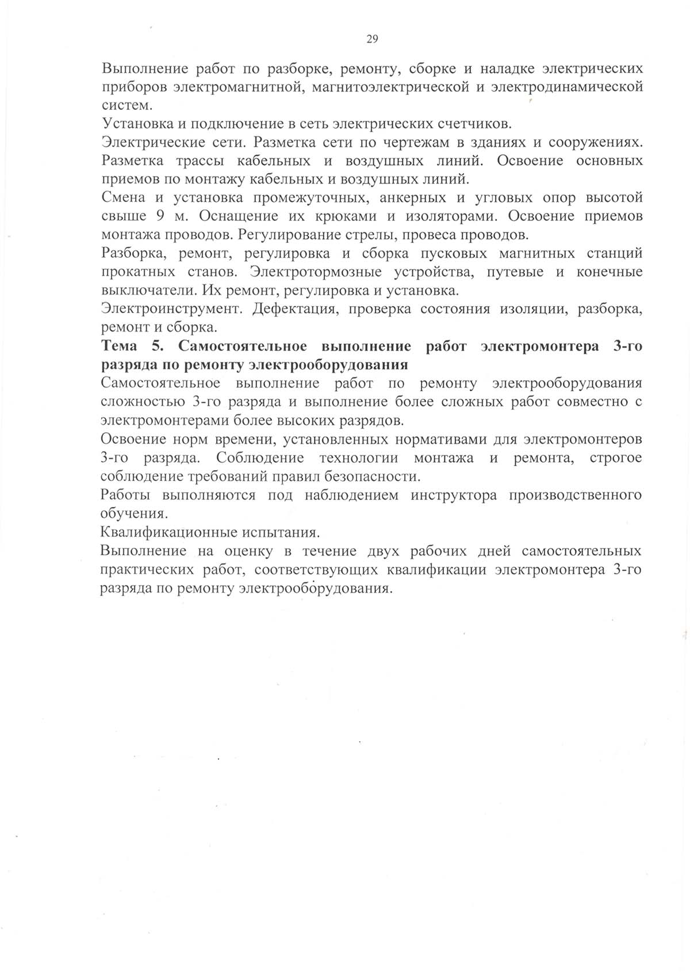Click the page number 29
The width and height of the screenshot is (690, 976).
[x=371, y=39]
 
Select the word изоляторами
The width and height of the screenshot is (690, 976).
[x=455, y=216]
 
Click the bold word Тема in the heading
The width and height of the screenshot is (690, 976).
[x=119, y=346]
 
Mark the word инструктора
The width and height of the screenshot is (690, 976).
[x=454, y=495]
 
